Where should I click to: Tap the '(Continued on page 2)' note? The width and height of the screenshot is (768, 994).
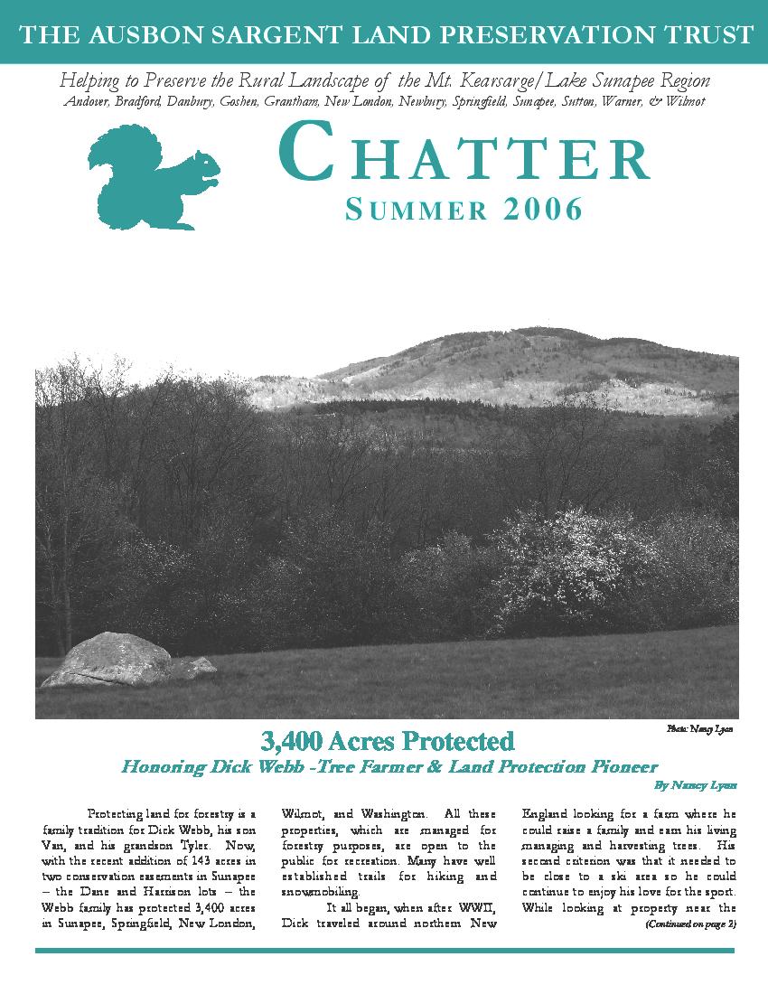click(x=691, y=924)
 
